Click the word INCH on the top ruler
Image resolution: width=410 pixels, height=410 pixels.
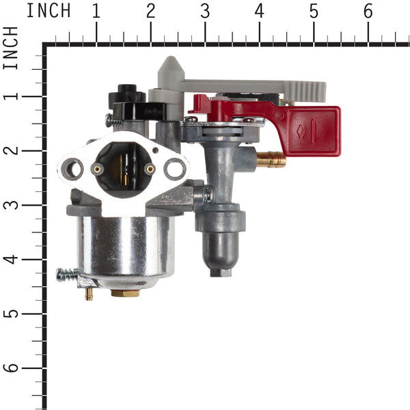pos(48,10)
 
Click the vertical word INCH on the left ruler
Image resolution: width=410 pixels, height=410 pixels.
pos(11,48)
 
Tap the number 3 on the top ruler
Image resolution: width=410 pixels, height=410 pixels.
pos(205,10)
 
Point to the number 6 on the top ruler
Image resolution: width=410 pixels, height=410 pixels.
pos(368,10)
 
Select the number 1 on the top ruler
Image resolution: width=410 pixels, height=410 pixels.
pos(96,10)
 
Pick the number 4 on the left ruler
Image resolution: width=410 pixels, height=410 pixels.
pos(11,259)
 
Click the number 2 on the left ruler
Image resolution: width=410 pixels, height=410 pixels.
pos(11,150)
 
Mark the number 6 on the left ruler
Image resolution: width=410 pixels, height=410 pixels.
pos(11,368)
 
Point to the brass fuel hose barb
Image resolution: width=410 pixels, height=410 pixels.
pos(272,161)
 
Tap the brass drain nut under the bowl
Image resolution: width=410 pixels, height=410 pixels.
pos(124,292)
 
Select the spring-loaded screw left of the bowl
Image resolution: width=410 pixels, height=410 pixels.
pos(68,275)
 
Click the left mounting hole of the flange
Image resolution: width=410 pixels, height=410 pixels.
pos(74,167)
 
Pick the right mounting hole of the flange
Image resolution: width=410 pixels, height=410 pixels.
pos(175,167)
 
